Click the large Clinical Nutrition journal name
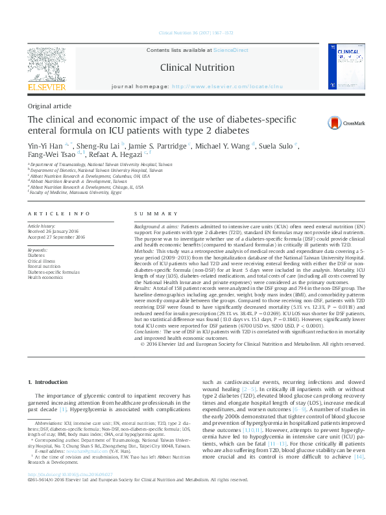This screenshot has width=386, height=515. (193, 67)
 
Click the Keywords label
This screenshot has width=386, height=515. (38, 250)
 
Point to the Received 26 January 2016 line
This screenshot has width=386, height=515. (56, 232)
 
